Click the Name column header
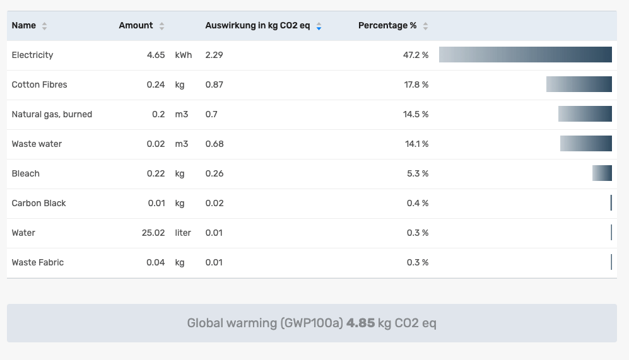pos(24,26)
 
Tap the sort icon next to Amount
pos(162,26)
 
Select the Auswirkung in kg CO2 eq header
pos(257,26)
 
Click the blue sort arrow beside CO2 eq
pos(319,26)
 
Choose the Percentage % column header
pos(387,26)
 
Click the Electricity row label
pos(32,55)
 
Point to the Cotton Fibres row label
pos(39,84)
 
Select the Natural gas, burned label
pos(52,114)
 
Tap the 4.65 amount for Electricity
pos(156,55)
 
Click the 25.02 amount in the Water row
pos(153,233)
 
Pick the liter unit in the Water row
pos(183,233)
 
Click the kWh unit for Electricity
pos(184,55)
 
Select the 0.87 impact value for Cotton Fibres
pos(215,84)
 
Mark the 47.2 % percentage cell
pos(416,55)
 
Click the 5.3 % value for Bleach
pos(418,173)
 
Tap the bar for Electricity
pos(526,55)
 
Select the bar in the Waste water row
pos(586,144)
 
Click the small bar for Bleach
pos(602,173)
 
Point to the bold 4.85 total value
pos(360,323)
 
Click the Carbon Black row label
pos(38,203)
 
